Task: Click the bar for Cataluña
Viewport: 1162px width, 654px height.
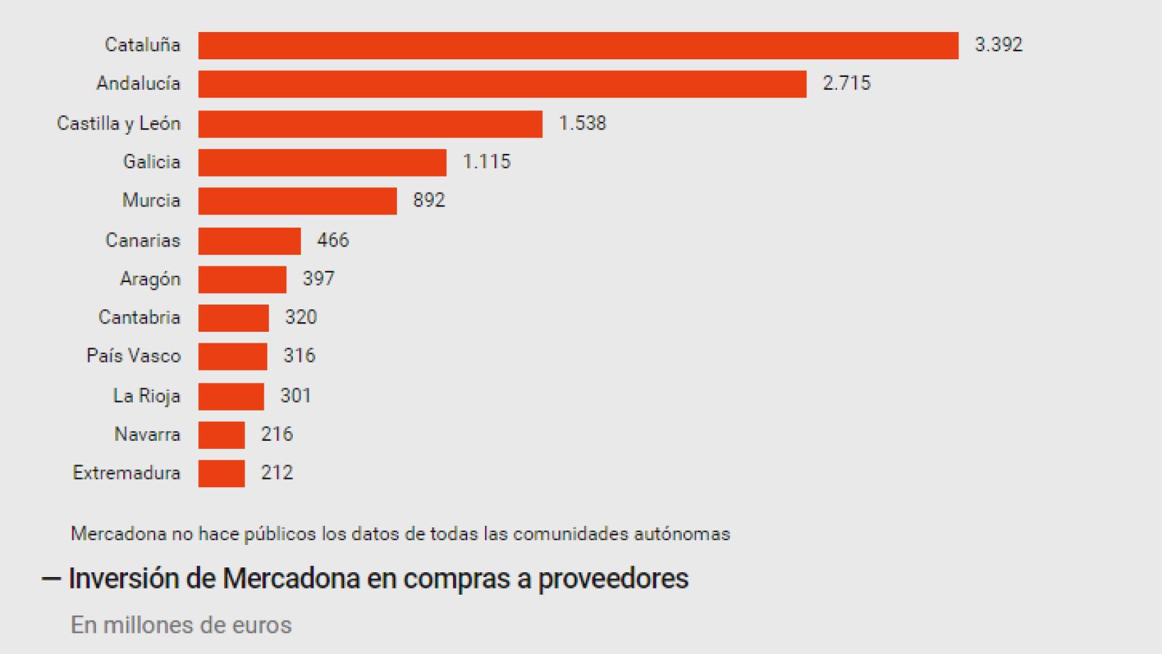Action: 578,45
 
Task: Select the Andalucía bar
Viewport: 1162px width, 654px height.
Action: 502,84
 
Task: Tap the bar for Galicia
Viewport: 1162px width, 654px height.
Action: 322,162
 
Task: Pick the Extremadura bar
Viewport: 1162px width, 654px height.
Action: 221,473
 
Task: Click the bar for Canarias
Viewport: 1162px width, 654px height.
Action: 249,240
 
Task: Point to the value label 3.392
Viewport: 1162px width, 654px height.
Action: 998,45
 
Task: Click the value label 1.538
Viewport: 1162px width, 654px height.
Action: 582,123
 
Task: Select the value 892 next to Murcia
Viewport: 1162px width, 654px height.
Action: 428,200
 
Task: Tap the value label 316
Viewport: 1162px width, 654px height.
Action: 299,356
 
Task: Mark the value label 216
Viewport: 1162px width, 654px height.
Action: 277,434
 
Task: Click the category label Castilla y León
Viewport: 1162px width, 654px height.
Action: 119,123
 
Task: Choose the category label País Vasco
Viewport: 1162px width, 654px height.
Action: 134,356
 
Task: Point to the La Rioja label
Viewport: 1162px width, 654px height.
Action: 146,396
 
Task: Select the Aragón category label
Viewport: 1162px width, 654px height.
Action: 150,279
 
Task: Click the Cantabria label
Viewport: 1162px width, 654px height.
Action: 139,317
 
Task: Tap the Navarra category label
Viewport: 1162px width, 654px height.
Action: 147,434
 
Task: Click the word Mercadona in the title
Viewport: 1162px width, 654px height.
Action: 291,578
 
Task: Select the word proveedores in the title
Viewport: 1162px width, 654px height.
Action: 613,578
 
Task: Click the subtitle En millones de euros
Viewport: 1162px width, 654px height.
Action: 181,625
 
